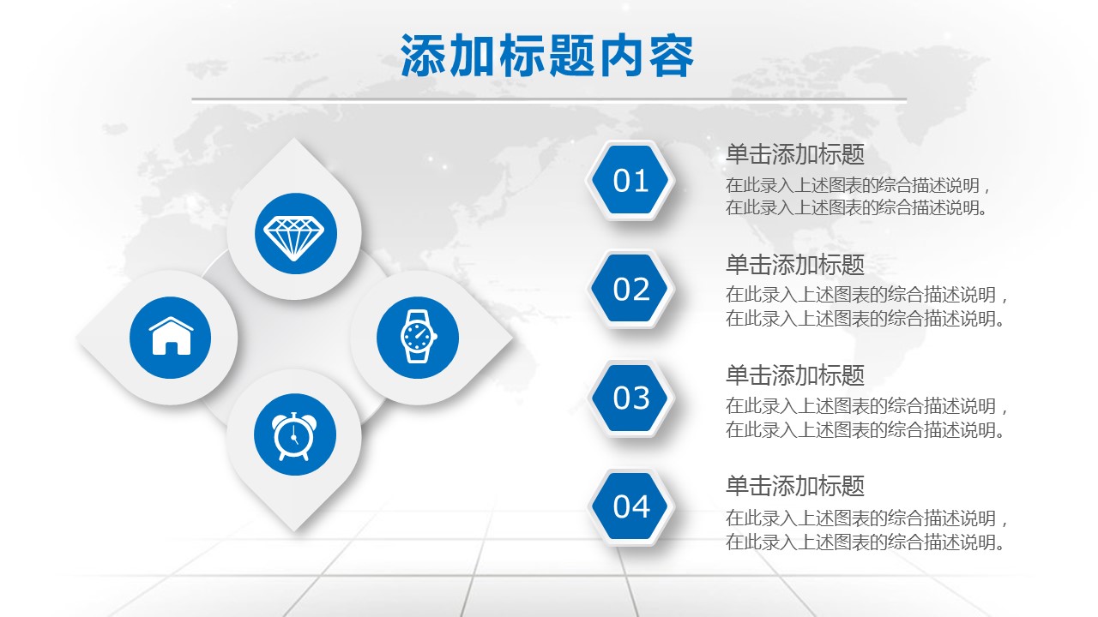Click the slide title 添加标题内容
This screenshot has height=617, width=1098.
coord(547,56)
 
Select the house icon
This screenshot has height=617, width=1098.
coord(171,336)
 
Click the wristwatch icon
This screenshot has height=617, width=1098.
coord(418,337)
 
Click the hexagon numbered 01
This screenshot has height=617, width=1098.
coord(630,180)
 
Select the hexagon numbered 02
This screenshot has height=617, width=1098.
coord(630,289)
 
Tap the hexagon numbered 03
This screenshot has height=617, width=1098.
coord(630,398)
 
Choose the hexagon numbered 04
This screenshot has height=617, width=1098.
coord(630,506)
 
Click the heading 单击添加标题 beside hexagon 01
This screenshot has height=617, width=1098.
coord(795,154)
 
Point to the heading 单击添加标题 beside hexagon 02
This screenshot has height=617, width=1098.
coord(795,265)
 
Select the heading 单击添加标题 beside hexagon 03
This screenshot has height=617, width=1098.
coord(795,375)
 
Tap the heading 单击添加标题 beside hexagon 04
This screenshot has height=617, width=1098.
coord(795,486)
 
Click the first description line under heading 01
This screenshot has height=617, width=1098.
coord(858,186)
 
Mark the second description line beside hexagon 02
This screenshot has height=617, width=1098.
coord(865,319)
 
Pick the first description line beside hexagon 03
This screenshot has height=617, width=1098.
coord(866,406)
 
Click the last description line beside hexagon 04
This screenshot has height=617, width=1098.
coord(865,542)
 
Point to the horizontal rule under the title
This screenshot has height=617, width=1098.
coord(549,99)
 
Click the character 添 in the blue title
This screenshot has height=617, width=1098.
coord(422,56)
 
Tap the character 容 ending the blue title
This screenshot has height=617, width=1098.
coord(672,56)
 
